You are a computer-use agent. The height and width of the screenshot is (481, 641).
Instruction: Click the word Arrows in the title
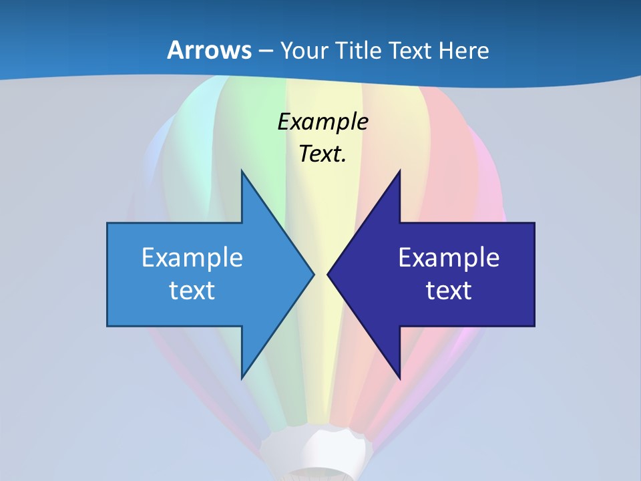209,50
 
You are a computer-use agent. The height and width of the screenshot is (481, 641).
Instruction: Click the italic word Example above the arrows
323,122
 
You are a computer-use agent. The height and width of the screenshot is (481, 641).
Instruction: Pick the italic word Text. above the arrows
323,154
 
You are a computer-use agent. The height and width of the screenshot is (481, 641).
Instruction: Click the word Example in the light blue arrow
192,258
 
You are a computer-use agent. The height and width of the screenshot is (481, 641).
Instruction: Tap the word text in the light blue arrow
192,291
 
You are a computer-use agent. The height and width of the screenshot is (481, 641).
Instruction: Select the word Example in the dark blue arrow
449,258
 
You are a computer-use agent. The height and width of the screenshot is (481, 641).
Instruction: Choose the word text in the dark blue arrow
449,291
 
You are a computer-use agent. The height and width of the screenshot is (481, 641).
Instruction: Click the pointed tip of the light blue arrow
313,274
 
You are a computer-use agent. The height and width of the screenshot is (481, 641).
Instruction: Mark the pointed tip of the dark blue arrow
329,274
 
